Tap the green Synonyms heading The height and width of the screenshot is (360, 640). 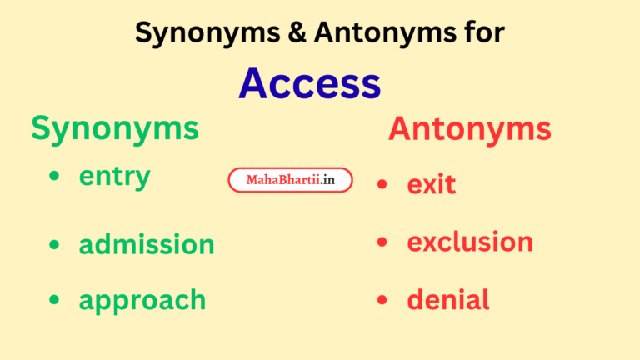tap(115, 128)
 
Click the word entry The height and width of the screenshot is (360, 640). tap(115, 177)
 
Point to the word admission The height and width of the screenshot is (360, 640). tap(147, 244)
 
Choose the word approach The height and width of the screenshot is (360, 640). tap(142, 300)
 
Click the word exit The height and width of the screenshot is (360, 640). tap(432, 183)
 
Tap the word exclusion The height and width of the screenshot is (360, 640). tap(470, 242)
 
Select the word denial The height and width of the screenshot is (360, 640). tap(448, 300)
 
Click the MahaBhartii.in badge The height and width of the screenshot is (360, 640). tap(290, 179)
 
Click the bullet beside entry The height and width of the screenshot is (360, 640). tap(54, 177)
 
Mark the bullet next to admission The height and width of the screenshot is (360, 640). tap(54, 244)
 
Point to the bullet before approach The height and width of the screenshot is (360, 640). tap(54, 300)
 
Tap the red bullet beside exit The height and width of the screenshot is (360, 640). tap(382, 183)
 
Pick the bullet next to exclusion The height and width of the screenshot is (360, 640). tap(382, 242)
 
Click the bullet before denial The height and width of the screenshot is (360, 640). tap(382, 300)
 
